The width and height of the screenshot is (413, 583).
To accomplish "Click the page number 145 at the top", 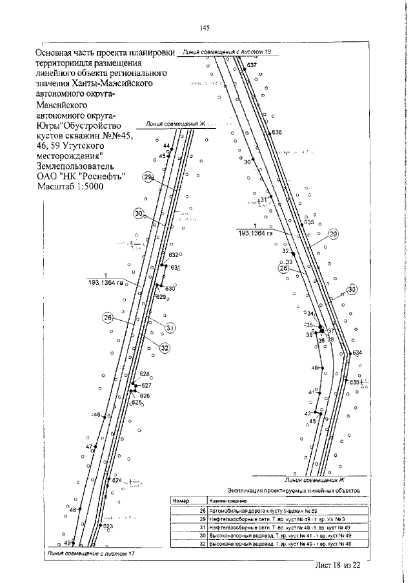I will pyautogui.click(x=205, y=27).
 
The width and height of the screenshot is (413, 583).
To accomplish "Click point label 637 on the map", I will pyautogui.click(x=252, y=66).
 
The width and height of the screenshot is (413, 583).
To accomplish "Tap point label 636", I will pyautogui.click(x=277, y=132).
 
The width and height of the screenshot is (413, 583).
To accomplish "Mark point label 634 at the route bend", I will pyautogui.click(x=357, y=353).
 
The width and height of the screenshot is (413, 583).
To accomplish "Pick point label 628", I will pyautogui.click(x=145, y=374).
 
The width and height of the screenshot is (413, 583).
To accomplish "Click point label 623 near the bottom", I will pyautogui.click(x=108, y=526).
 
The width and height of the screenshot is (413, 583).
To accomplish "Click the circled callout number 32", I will pyautogui.click(x=165, y=348).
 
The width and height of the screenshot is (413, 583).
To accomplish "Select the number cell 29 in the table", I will pyautogui.click(x=202, y=518).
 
